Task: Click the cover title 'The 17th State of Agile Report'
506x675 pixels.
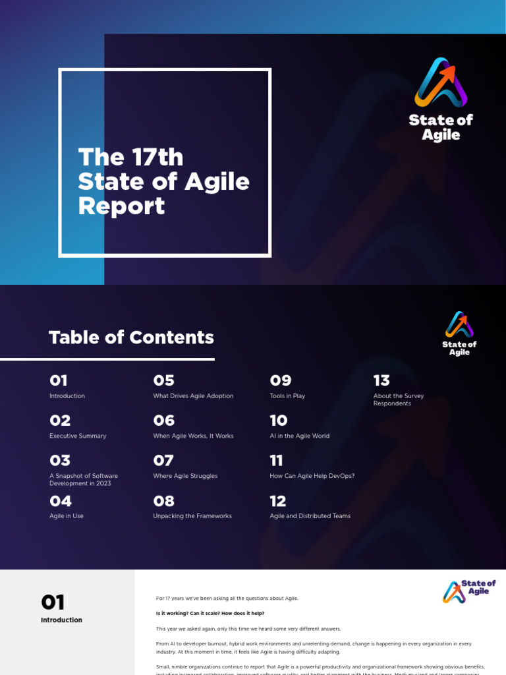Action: tap(163, 181)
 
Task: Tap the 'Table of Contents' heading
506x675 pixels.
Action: tap(131, 337)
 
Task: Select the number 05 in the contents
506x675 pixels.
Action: tap(163, 380)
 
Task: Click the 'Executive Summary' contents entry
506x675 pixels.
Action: tap(78, 436)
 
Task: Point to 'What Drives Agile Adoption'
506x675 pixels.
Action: tap(193, 396)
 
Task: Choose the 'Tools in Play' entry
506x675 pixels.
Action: tap(287, 396)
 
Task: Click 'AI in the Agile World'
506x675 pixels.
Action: tap(299, 436)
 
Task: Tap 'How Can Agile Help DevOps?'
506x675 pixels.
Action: tap(312, 476)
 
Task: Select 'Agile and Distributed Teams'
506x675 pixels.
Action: tap(310, 516)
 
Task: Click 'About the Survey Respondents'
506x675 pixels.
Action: tap(398, 399)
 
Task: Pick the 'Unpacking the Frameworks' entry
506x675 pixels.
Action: tap(192, 516)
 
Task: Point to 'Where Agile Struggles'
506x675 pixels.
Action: tap(185, 476)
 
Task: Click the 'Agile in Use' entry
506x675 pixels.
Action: tap(67, 516)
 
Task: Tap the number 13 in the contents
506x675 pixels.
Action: tap(381, 380)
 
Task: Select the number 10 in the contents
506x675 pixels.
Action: tap(279, 421)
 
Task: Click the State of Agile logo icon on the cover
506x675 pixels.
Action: tap(441, 82)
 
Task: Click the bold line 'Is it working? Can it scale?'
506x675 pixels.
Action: tap(210, 613)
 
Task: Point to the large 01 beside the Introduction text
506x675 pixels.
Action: tap(53, 602)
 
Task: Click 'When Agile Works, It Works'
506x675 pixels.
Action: tap(193, 436)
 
